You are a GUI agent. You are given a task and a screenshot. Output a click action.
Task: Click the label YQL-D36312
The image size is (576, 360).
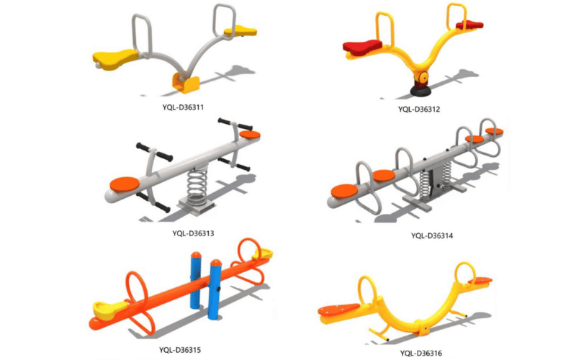420,109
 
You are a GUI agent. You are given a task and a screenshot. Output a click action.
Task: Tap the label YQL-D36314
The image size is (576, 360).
432,235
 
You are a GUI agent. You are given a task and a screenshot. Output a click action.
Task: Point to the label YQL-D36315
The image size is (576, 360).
180,350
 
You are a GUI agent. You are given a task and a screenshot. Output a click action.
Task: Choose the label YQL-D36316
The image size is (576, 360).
422,352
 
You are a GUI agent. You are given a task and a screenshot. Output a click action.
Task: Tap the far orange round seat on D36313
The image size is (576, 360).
249,135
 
